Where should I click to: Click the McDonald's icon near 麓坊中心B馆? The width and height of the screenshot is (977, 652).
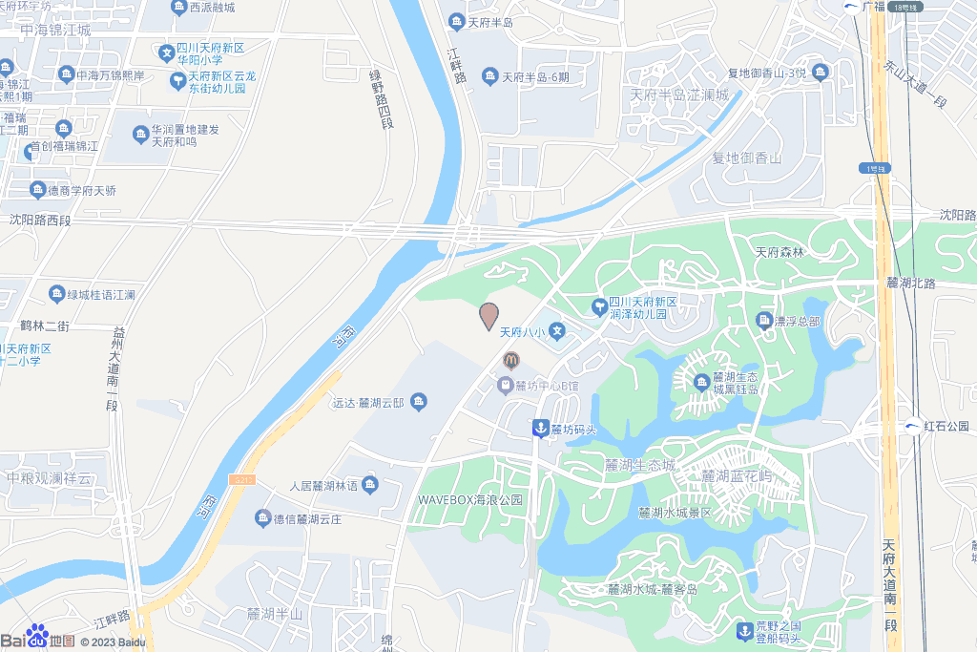click(x=510, y=360)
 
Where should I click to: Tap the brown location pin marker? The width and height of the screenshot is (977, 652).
click(x=488, y=315)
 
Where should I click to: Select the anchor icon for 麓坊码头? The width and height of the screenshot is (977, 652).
click(x=540, y=429)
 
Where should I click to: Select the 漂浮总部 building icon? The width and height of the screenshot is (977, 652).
click(x=764, y=321)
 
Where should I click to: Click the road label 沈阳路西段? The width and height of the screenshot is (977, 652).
click(x=40, y=220)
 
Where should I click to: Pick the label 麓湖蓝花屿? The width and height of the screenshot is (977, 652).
click(x=737, y=475)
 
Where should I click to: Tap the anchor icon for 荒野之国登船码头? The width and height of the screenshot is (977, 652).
click(x=744, y=630)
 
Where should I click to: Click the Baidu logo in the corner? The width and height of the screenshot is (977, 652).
click(x=38, y=639)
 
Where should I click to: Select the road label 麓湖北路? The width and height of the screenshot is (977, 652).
click(x=911, y=283)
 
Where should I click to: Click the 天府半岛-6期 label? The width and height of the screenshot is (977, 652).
click(x=535, y=77)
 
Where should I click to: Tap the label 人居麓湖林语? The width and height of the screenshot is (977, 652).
click(x=322, y=486)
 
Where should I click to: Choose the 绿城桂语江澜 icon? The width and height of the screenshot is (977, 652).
click(x=56, y=294)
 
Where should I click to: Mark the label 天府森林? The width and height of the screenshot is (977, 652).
click(x=780, y=253)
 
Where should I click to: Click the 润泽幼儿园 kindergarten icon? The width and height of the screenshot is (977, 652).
click(x=598, y=306)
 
